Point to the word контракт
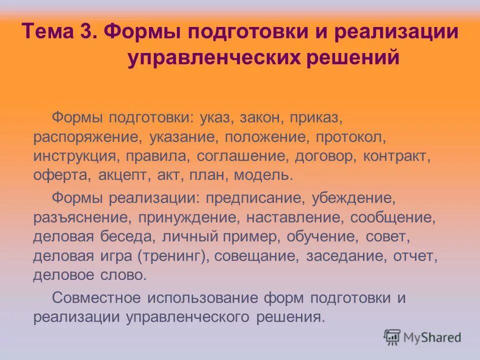tap(397, 156)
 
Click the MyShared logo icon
tap(392, 336)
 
